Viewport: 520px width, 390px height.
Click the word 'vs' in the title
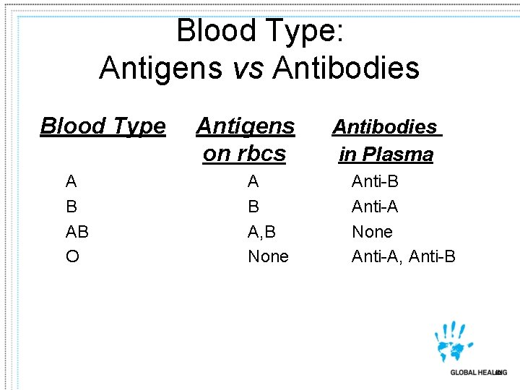point(248,69)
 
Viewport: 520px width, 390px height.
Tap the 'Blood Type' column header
point(103,126)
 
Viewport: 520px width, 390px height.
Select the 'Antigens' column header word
point(246,126)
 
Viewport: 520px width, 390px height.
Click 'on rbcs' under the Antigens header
point(244,154)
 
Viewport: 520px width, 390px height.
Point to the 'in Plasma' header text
point(386,155)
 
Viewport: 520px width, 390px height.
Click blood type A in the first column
point(71,181)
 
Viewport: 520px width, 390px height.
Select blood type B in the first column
point(71,207)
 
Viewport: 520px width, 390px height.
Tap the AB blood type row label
point(77,232)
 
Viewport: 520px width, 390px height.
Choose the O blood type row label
point(73,256)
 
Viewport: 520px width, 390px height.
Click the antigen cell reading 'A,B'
point(261,232)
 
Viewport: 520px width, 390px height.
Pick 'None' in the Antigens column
point(268,256)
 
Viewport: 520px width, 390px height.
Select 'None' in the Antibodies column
point(373,232)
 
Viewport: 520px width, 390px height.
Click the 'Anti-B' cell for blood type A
point(375,181)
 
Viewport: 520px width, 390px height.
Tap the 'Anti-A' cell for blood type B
point(375,207)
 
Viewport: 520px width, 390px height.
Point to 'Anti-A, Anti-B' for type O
point(404,256)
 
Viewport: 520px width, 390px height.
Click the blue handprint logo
point(453,342)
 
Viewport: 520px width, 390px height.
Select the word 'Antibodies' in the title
point(346,67)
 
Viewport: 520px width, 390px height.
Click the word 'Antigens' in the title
point(161,69)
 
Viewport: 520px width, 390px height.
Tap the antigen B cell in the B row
point(253,207)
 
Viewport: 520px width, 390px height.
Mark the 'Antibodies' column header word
point(387,127)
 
